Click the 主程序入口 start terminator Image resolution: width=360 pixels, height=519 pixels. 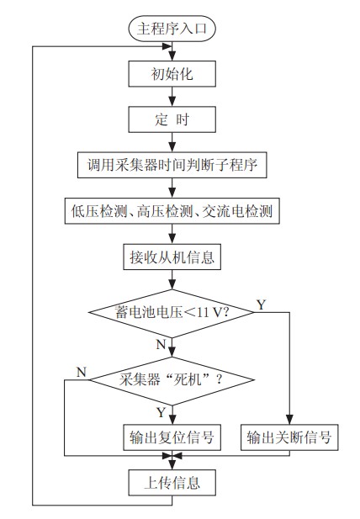click(172, 28)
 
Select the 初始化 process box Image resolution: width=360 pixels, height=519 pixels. click(172, 73)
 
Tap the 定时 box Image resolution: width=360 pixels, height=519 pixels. click(172, 119)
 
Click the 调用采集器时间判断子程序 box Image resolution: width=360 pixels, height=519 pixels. click(172, 165)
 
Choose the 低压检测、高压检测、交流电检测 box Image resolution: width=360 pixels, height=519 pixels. click(172, 210)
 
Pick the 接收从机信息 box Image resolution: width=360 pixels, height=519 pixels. click(172, 257)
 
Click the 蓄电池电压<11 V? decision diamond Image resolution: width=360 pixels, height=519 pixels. click(172, 312)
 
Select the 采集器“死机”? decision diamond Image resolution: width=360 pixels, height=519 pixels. click(172, 379)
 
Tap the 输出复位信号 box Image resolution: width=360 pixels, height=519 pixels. click(172, 437)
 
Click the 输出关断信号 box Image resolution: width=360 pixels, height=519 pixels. click(289, 437)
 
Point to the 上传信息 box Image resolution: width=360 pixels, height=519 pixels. click(172, 483)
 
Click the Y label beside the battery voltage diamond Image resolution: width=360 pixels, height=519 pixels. click(261, 304)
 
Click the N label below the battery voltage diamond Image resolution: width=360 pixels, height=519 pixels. click(161, 344)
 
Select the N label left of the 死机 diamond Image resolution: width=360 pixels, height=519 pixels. click(81, 371)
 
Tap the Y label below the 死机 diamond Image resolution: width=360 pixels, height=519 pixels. click(161, 411)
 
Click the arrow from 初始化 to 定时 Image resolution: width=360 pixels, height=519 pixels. click(172, 96)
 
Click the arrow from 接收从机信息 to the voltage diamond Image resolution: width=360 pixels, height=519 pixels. click(172, 280)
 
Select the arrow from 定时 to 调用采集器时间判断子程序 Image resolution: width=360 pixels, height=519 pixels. click(172, 141)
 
